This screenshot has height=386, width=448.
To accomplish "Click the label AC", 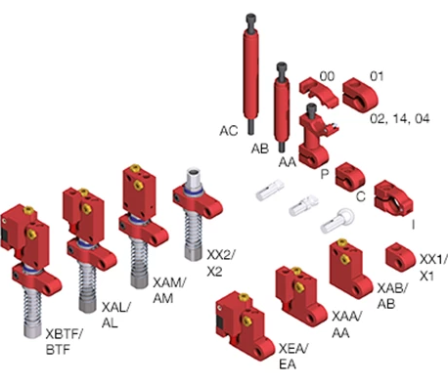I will [x=229, y=130].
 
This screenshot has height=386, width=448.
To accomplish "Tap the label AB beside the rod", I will [x=259, y=149].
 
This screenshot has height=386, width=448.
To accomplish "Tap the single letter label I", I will [x=413, y=223].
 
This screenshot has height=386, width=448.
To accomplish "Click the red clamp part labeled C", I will [x=348, y=177].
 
